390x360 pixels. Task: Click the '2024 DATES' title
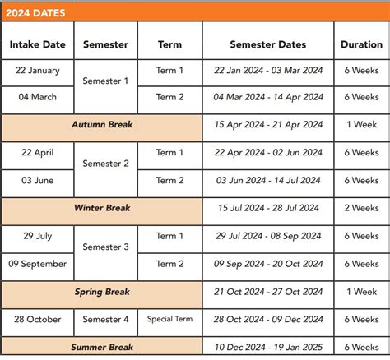[x=35, y=12]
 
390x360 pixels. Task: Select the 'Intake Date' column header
[x=37, y=44]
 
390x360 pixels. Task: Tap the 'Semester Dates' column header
[x=267, y=44]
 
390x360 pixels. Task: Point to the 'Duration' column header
[x=361, y=44]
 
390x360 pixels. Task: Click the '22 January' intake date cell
[x=37, y=71]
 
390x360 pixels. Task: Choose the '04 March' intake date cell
[x=37, y=97]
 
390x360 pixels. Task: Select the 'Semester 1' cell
[x=105, y=81]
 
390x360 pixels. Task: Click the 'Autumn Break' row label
[x=102, y=125]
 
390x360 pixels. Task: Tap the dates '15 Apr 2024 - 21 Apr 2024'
[x=268, y=125]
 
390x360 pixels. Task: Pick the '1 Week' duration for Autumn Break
[x=361, y=125]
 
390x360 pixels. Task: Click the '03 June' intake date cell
[x=37, y=180]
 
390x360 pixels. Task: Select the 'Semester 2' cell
[x=105, y=164]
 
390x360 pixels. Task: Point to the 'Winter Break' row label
[x=102, y=208]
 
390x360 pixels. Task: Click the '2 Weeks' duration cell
[x=361, y=208]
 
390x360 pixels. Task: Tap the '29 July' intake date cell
[x=37, y=236]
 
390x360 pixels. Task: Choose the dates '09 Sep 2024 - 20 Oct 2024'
[x=268, y=264]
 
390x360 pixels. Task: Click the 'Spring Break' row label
[x=102, y=292]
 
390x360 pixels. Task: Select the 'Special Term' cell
[x=169, y=319]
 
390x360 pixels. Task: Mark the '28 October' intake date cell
[x=37, y=319]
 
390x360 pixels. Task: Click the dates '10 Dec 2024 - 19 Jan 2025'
[x=268, y=347]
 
